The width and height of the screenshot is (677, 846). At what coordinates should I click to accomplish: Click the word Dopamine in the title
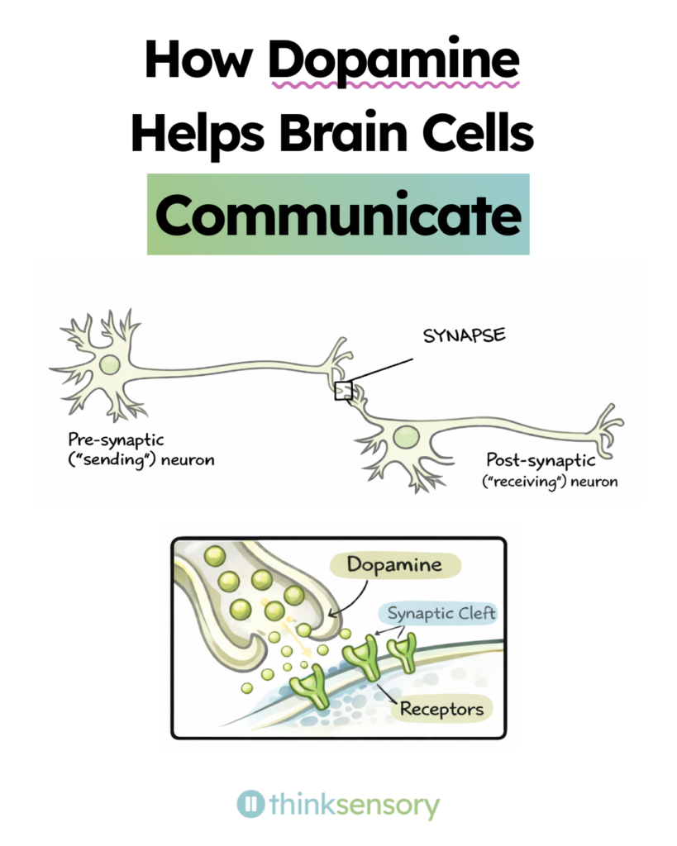pos(394,60)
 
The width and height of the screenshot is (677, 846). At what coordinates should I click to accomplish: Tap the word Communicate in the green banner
pos(338,215)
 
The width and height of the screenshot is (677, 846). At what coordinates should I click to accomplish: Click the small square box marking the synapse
pos(343,391)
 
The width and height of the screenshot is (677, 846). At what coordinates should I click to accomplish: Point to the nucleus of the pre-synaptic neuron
pos(108,364)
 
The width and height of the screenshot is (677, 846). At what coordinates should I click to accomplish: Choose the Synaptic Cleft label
pos(438,613)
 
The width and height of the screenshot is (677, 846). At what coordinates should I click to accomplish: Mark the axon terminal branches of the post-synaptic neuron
pos(605,422)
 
